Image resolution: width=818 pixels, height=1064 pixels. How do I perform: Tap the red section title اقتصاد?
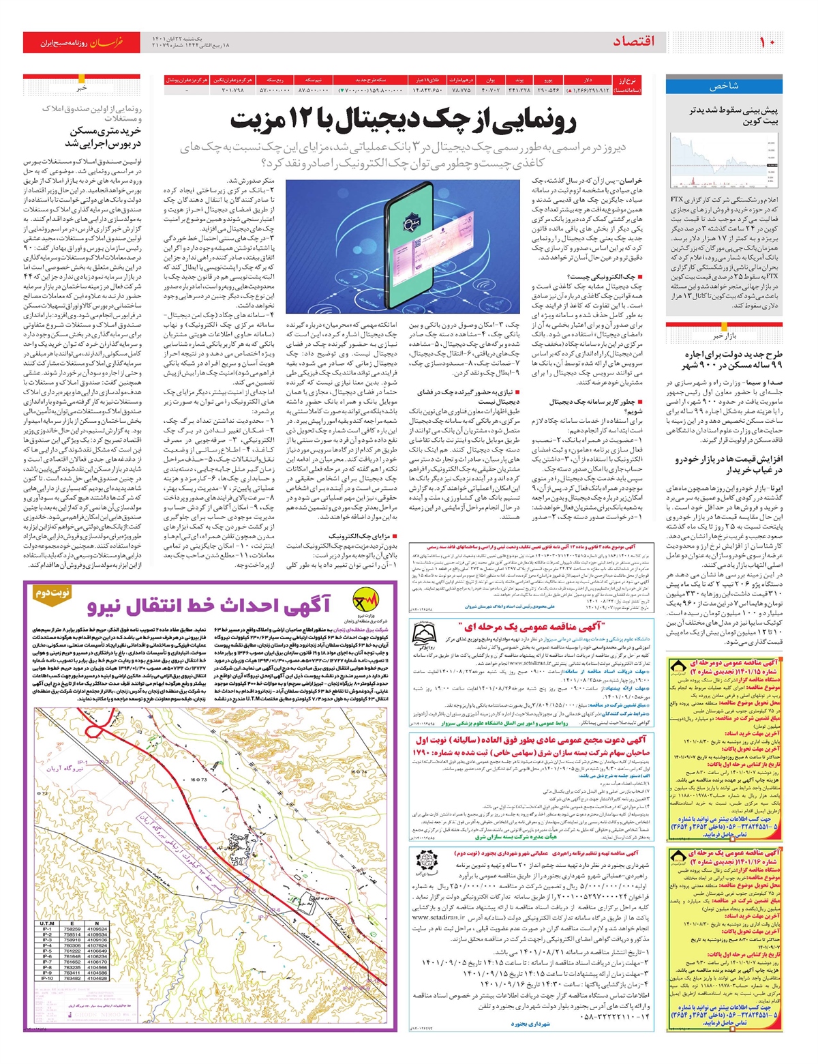633,42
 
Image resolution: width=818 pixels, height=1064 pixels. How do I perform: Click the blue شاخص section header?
724,87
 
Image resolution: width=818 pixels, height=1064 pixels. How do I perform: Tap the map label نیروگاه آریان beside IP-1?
64,768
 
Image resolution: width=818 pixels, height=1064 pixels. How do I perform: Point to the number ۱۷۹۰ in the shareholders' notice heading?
422,752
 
